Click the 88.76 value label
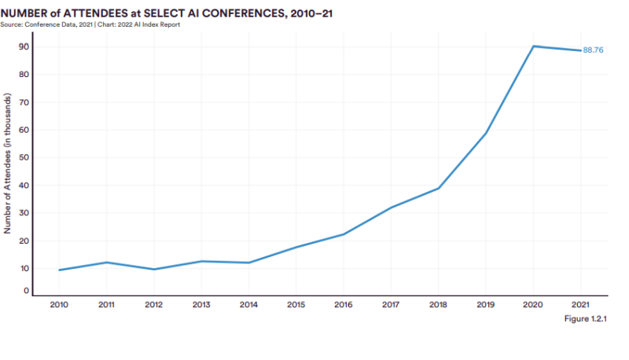pos(593,50)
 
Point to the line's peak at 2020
pos(534,46)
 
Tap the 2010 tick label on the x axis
pos(58,303)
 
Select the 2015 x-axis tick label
pos(296,303)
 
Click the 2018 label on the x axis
pos(439,303)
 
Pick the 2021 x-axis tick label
pos(581,303)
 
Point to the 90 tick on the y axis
pos(24,46)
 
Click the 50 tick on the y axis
pos(24,157)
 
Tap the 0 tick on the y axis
pos(27,291)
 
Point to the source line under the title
pos(91,24)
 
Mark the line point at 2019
pos(486,133)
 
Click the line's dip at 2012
pos(153,270)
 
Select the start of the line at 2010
pos(58,270)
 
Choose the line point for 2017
pos(391,208)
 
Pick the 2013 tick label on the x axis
pos(200,303)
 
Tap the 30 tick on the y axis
pos(24,213)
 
